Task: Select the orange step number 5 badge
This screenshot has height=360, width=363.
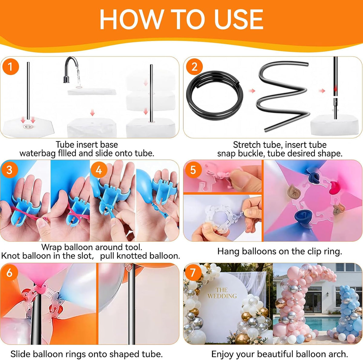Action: [193, 170]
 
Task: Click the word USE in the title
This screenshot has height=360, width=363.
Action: [238, 19]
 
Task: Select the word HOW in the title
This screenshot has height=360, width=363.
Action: [131, 19]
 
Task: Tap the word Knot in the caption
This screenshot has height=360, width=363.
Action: [11, 256]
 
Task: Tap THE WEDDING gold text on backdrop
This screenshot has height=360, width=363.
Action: [222, 293]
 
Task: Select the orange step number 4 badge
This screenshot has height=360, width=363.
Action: [99, 170]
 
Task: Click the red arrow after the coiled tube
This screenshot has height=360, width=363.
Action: [252, 91]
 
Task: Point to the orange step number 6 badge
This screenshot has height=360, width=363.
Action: [9, 273]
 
